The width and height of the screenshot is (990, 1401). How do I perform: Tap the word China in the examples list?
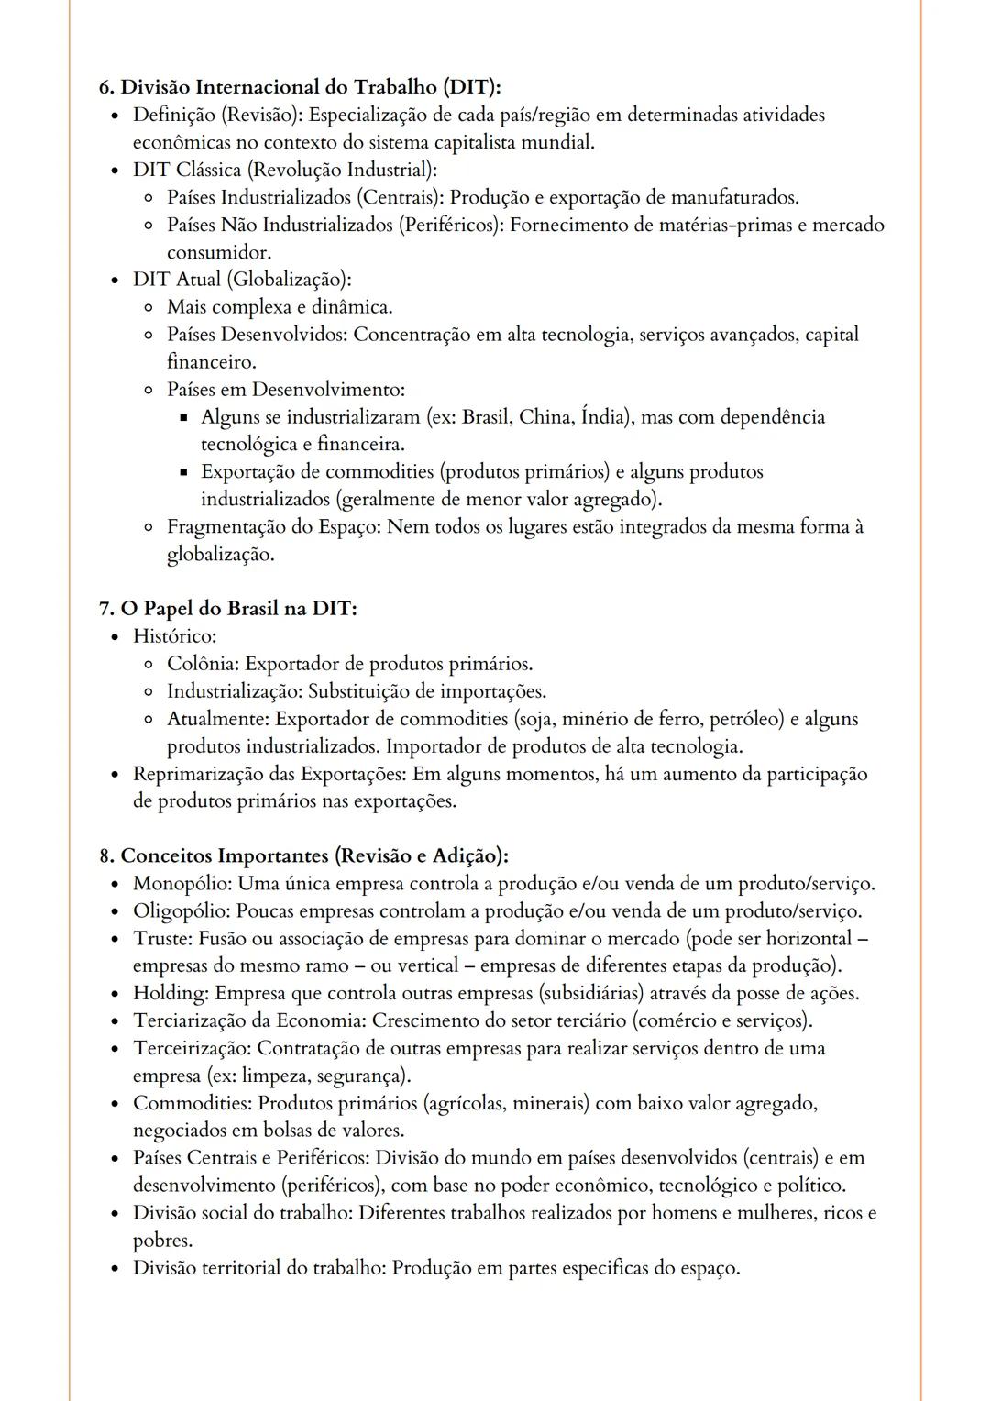(x=545, y=417)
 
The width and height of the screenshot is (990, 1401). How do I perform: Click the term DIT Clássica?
(x=189, y=170)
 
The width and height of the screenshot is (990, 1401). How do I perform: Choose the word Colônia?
(x=202, y=664)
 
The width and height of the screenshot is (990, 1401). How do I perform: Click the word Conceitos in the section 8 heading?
(x=166, y=856)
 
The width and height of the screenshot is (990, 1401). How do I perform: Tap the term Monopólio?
(x=182, y=884)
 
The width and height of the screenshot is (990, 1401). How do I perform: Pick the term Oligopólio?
(x=181, y=911)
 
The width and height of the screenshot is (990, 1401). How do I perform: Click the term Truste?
(x=161, y=939)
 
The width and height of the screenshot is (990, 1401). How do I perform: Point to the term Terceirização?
(x=192, y=1048)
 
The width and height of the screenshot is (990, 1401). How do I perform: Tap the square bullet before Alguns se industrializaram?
(x=183, y=418)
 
